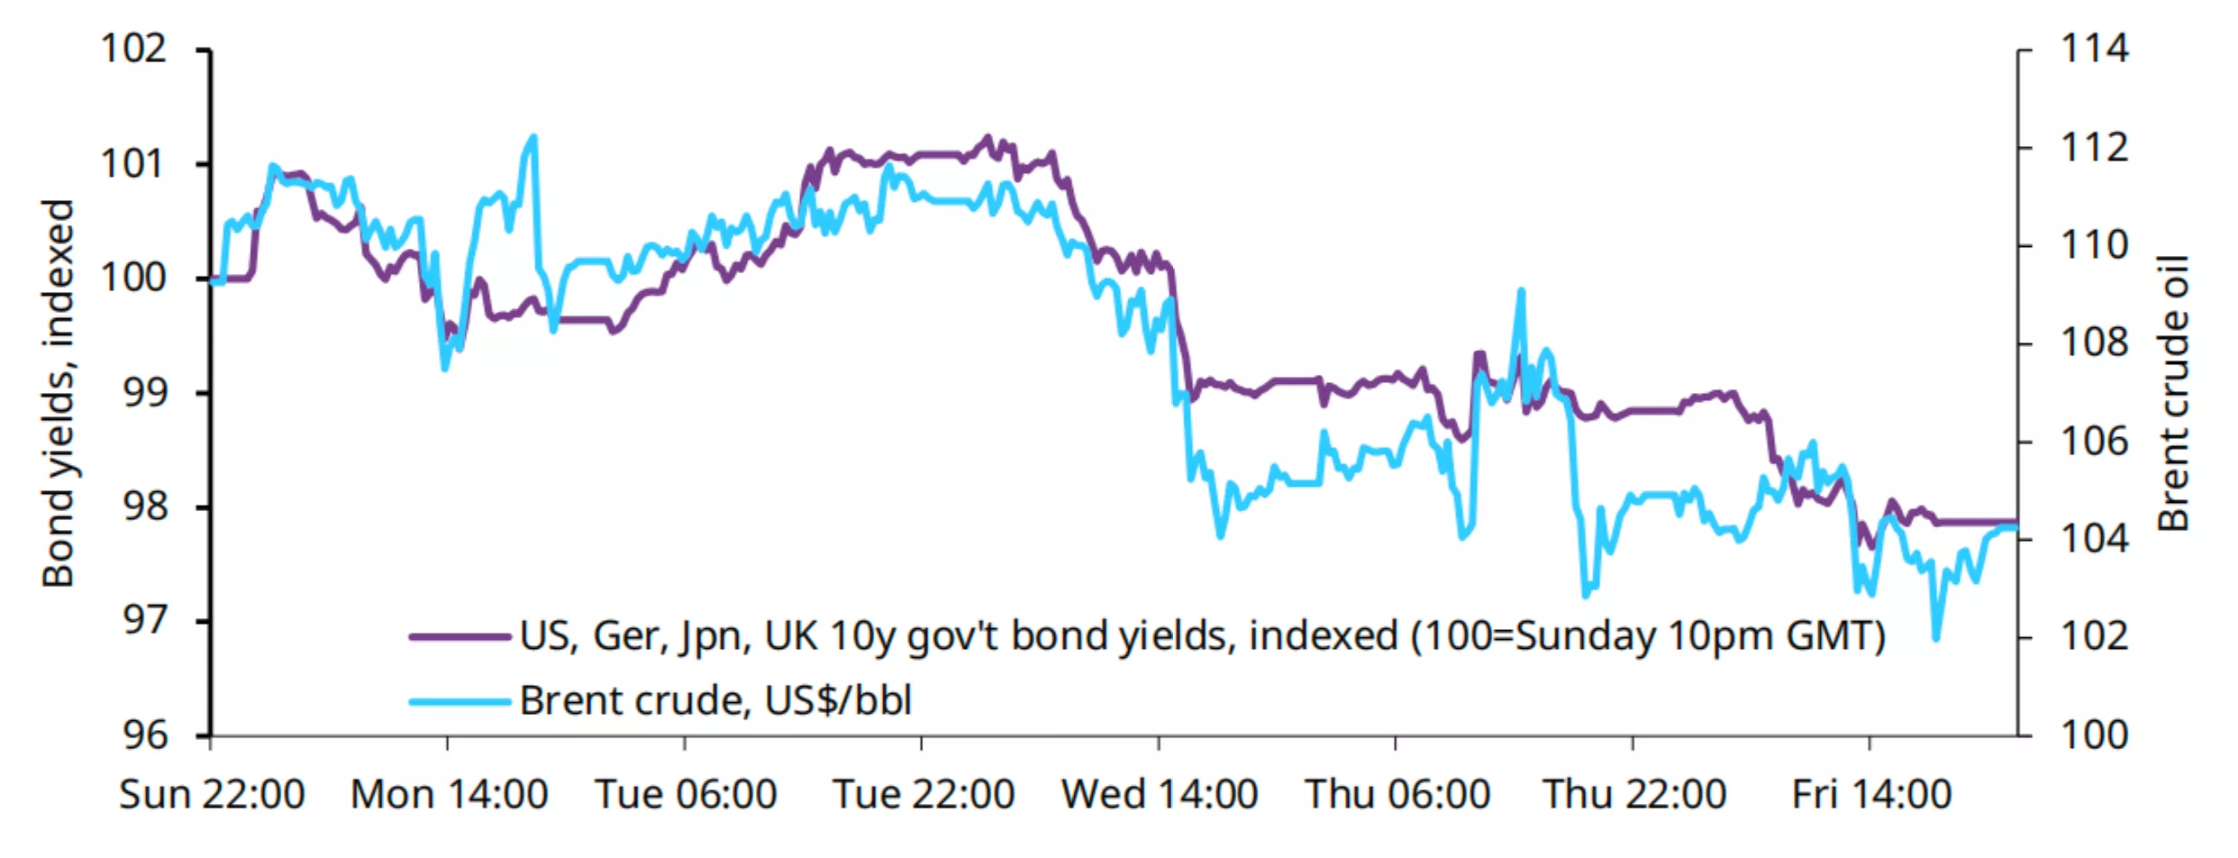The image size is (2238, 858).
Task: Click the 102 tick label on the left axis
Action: [x=133, y=49]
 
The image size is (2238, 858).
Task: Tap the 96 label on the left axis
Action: [x=145, y=735]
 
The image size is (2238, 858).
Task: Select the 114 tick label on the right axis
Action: [x=2095, y=49]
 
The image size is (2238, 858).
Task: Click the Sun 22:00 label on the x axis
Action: [x=212, y=795]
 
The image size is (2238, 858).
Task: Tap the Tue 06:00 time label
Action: [x=686, y=795]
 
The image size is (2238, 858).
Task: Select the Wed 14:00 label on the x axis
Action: [x=1160, y=795]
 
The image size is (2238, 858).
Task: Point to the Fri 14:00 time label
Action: [x=1871, y=795]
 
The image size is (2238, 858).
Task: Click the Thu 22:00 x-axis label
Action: [x=1634, y=795]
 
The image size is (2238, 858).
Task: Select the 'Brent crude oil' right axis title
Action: [x=2172, y=393]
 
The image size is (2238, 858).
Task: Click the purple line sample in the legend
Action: [x=459, y=636]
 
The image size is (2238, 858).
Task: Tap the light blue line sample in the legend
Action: [x=459, y=701]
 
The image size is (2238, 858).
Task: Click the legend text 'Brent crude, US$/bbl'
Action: [x=715, y=701]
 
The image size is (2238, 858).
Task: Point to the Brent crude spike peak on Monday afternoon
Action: [x=534, y=138]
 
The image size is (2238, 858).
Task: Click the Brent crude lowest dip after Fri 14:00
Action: [x=1936, y=638]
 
